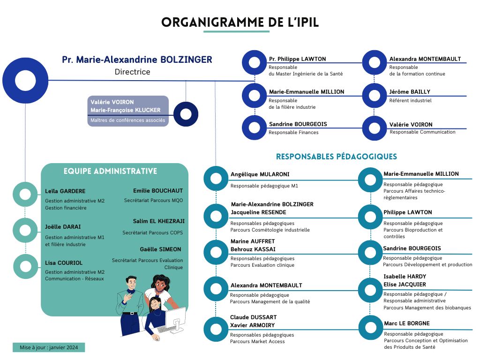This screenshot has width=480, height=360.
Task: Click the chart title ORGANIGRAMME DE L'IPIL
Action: tap(240, 22)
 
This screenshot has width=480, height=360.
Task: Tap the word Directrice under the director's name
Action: tap(132, 72)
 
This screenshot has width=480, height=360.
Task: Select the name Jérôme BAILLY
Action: tap(409, 92)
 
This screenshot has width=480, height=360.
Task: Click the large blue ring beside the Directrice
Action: tap(25, 80)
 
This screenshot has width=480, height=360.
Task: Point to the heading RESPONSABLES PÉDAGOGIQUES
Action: tap(336, 157)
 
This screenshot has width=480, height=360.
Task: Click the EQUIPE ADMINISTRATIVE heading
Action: tap(110, 171)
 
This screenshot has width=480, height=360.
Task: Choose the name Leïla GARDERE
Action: tap(65, 191)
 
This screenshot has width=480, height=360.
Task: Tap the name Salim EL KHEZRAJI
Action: tap(158, 221)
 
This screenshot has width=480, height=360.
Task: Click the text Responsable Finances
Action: tap(293, 133)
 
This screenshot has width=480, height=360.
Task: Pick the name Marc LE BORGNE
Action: tap(406, 323)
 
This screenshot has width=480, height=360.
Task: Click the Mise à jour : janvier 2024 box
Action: tap(49, 347)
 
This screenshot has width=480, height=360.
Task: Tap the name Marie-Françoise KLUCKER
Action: tap(125, 110)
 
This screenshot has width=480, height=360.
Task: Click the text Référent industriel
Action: tap(410, 100)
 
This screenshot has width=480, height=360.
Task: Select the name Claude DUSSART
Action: tap(253, 317)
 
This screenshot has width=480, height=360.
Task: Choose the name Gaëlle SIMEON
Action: tap(160, 249)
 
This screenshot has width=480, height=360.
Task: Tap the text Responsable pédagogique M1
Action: tap(264, 186)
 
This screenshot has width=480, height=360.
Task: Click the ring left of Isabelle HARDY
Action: tap(370, 287)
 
